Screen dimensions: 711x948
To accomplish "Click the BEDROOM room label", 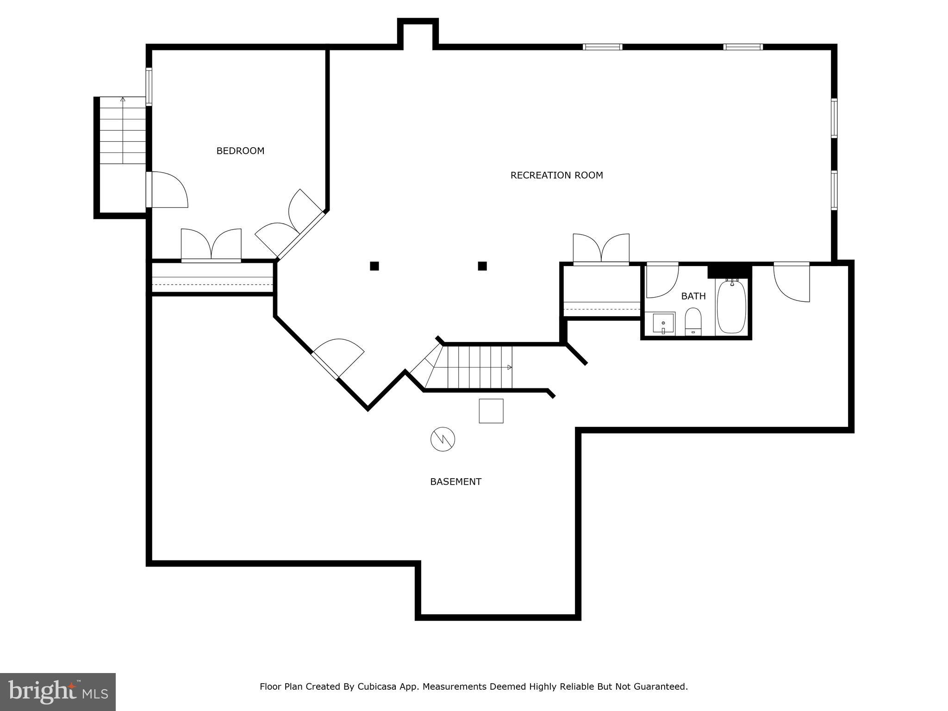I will coord(240,151).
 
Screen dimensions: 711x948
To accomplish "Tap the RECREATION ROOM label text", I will coord(556,175).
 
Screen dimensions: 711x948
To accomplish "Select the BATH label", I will coord(693,296).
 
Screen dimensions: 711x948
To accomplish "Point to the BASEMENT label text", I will coord(455,482).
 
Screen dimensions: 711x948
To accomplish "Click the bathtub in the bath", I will coord(731,306).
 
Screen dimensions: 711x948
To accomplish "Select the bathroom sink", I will coord(663,323).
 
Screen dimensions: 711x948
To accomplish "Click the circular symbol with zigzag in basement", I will coord(443,439).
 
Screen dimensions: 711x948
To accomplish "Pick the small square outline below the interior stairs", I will coord(491,411).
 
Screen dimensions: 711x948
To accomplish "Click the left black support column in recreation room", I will coord(374,266).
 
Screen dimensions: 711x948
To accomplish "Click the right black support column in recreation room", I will coord(482,266).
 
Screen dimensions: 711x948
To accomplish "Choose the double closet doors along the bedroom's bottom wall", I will coord(211,245).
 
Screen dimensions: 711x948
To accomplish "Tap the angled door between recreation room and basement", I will coord(337,359).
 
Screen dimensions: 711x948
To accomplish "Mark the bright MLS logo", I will coord(58,692).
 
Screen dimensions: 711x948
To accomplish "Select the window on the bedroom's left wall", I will coord(149,87).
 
